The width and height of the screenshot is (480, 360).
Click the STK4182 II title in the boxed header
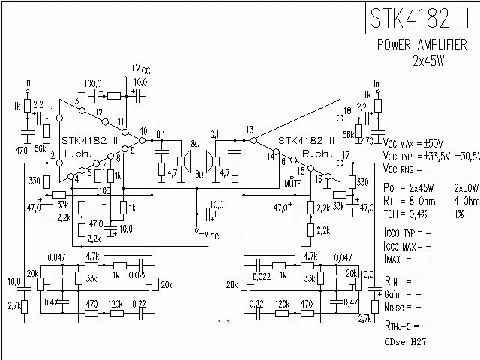[421, 18]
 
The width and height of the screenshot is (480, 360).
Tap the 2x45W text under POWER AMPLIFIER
[428, 61]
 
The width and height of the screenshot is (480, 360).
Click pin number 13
[250, 130]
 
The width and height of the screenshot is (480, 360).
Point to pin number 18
[346, 112]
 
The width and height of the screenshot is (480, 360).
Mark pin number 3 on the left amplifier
[77, 101]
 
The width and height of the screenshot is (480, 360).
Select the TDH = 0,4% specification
[407, 214]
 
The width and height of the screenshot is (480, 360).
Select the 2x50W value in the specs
[466, 188]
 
